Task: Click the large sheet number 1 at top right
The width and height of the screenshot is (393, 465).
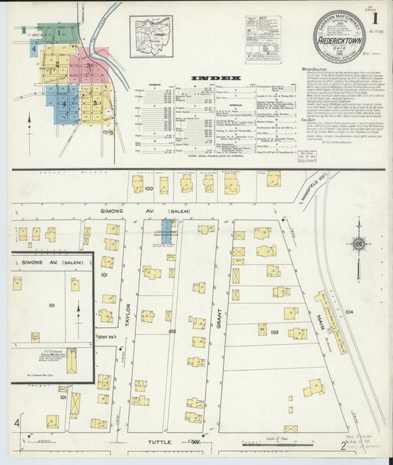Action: pos(376,15)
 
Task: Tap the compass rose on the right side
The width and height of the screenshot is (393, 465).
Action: pos(360,244)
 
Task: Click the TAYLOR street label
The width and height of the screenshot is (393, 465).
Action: pos(128,314)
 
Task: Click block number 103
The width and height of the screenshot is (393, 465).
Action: pos(274,333)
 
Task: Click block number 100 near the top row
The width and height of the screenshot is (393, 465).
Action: pos(149,189)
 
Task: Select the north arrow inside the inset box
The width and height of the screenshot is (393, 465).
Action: pos(79,312)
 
